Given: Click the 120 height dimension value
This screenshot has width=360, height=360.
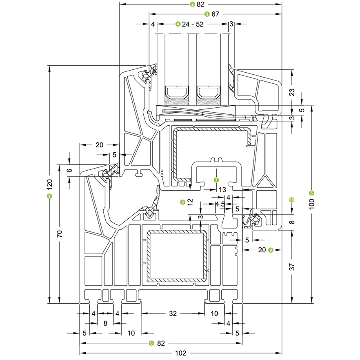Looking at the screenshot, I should click(49, 184).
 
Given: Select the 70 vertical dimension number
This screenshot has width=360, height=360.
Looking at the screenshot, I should click(59, 233).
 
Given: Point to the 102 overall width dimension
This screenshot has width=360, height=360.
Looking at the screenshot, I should click(180, 353).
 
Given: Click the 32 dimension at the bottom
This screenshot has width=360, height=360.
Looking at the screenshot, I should click(173, 313).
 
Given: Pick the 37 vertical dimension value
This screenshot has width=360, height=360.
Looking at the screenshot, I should click(292, 267).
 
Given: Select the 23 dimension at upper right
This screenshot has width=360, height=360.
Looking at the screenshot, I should click(292, 92).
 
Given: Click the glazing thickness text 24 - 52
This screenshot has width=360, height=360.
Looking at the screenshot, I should click(193, 24).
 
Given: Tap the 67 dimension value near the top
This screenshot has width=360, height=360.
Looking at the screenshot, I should click(216, 14).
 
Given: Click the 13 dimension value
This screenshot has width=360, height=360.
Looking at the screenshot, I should click(222, 190).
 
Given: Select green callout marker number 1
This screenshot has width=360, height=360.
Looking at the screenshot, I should click(49, 196).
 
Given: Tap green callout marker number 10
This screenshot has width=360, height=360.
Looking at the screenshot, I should click(291, 200).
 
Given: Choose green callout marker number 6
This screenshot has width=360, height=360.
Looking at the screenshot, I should click(151, 343).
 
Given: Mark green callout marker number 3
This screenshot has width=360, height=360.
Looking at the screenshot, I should click(207, 14).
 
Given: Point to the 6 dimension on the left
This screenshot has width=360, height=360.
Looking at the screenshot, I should click(69, 171).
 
